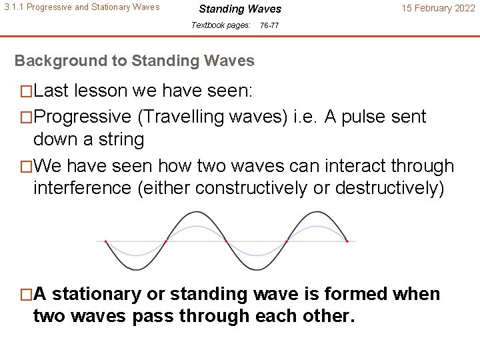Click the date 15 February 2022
coord(437,9)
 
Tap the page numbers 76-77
coord(269,25)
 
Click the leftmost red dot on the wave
coord(106,241)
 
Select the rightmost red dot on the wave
coord(347,241)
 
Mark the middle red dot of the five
coord(226,241)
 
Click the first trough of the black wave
coord(136,269)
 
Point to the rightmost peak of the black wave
coord(317,213)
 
